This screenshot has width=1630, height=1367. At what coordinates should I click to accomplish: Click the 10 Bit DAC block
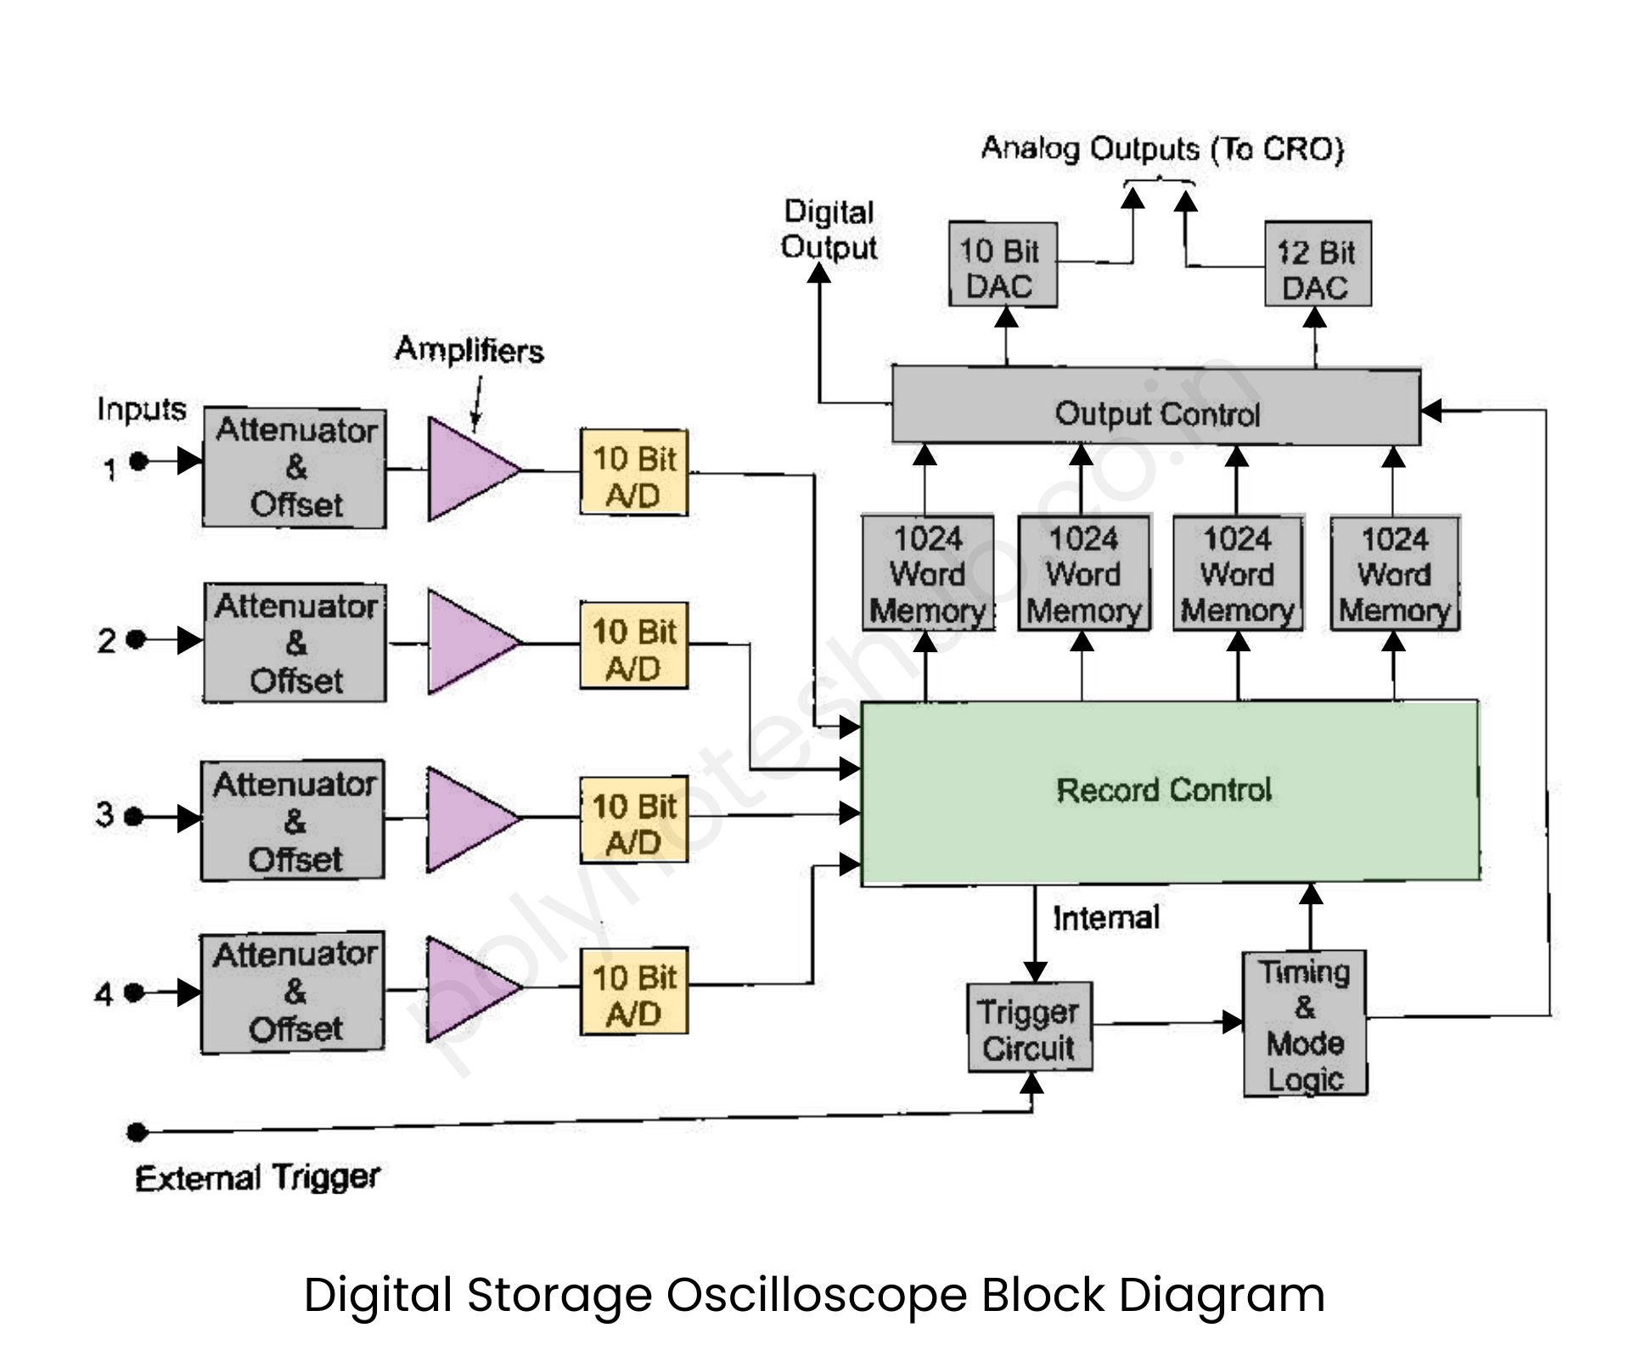(1003, 265)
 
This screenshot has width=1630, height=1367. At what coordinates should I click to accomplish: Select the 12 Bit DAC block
(1318, 265)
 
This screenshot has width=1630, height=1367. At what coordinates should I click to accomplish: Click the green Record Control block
(1170, 791)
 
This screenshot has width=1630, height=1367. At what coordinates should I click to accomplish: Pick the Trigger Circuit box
(1030, 1027)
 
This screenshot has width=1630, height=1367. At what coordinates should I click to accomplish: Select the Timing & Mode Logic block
(1305, 1023)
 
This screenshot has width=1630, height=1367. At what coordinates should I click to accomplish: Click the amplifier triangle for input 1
(469, 469)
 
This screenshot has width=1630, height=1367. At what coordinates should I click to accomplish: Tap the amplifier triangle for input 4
(467, 989)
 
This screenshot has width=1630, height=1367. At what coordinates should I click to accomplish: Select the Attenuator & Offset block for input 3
(293, 820)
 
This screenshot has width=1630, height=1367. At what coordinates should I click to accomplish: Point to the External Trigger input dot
(137, 1132)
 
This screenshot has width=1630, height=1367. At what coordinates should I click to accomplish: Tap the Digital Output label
(829, 229)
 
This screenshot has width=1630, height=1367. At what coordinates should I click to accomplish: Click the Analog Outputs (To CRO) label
(1162, 149)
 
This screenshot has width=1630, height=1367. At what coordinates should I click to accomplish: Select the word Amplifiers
(469, 350)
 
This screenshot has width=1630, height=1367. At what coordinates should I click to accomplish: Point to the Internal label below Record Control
(1105, 918)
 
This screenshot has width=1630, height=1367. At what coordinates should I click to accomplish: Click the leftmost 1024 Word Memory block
(928, 574)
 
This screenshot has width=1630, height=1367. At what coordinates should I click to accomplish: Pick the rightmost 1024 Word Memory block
(1395, 574)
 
